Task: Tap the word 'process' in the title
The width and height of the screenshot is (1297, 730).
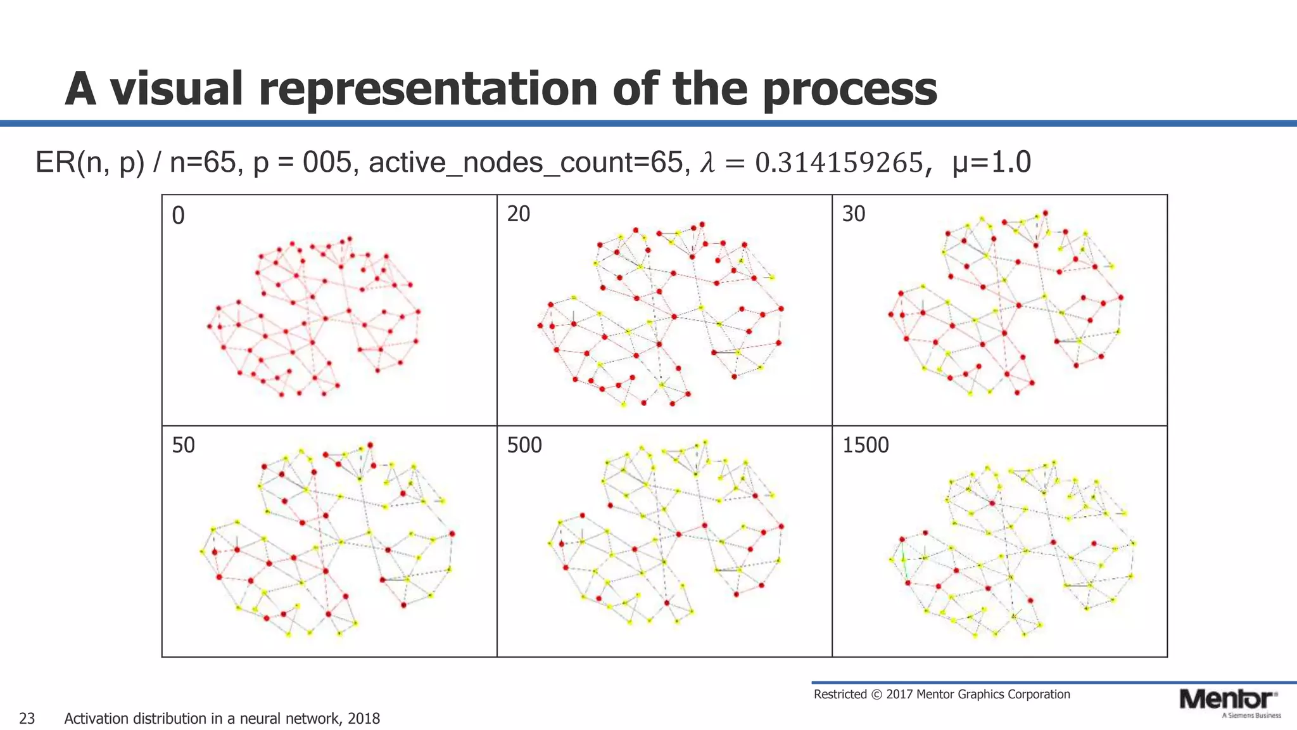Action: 849,90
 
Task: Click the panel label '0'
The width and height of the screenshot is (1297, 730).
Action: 178,216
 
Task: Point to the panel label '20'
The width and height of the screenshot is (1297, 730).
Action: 518,214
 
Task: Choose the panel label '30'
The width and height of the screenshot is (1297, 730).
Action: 853,214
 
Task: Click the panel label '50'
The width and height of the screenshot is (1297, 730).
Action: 183,445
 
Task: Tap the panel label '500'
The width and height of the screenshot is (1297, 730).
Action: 524,445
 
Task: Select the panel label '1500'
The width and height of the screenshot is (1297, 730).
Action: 865,445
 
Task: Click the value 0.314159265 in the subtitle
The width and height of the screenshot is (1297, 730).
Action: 839,163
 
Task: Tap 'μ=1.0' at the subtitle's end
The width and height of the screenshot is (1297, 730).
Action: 991,163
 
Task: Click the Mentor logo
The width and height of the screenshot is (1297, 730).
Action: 1227,701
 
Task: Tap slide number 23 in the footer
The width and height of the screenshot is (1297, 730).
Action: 27,719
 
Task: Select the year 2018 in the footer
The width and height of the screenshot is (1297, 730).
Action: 364,719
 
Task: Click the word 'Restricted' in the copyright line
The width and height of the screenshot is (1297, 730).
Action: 840,695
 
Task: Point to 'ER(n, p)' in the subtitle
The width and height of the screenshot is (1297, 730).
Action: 89,163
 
